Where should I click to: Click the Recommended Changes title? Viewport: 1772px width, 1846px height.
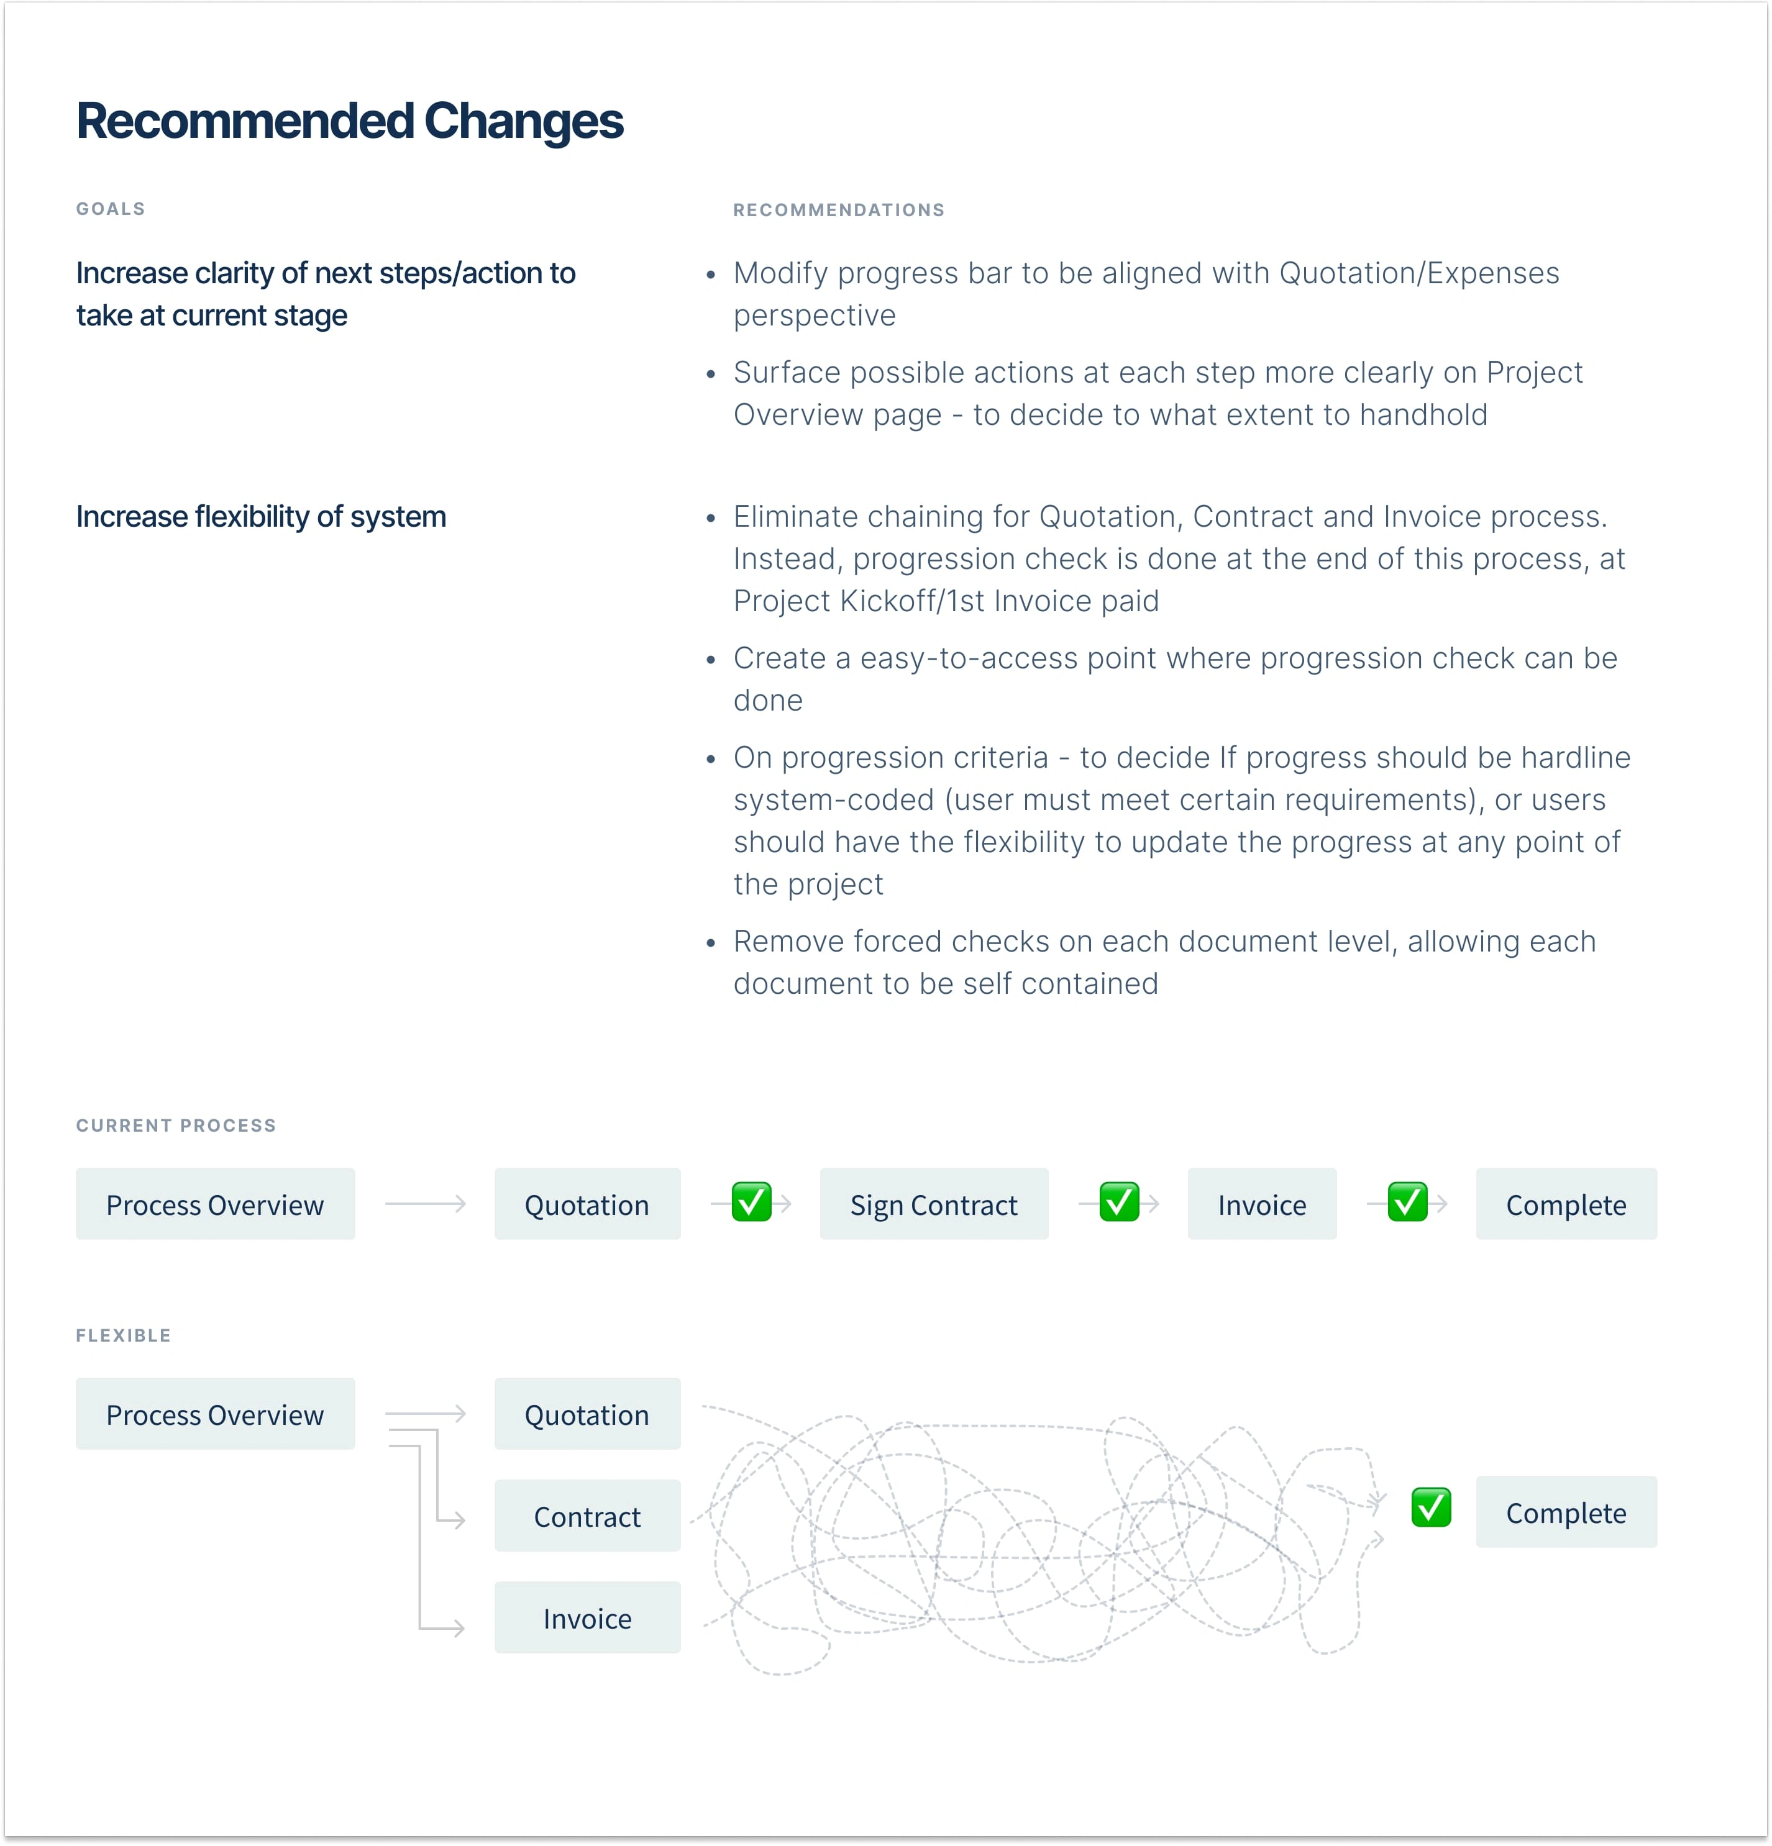coord(350,122)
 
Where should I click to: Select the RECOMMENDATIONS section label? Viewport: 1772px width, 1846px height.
coord(838,210)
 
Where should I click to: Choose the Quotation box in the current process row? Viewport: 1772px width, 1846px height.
coord(587,1204)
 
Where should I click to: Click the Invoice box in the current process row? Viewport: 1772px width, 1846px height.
coord(1261,1204)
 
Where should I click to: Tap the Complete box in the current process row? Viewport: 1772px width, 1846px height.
coord(1566,1204)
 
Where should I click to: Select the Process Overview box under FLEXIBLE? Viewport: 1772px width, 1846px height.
coord(215,1415)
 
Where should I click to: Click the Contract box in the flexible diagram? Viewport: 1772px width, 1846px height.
coord(587,1516)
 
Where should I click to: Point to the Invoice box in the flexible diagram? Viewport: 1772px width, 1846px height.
coord(587,1618)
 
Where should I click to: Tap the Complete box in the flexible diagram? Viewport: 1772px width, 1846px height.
coord(1566,1512)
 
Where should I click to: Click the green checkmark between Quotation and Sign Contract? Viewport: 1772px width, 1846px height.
coord(751,1202)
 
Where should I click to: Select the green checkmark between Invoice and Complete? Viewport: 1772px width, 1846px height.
coord(1407,1202)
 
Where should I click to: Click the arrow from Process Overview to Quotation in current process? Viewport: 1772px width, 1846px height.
coord(425,1204)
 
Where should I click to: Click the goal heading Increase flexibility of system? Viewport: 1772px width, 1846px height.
coord(261,517)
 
